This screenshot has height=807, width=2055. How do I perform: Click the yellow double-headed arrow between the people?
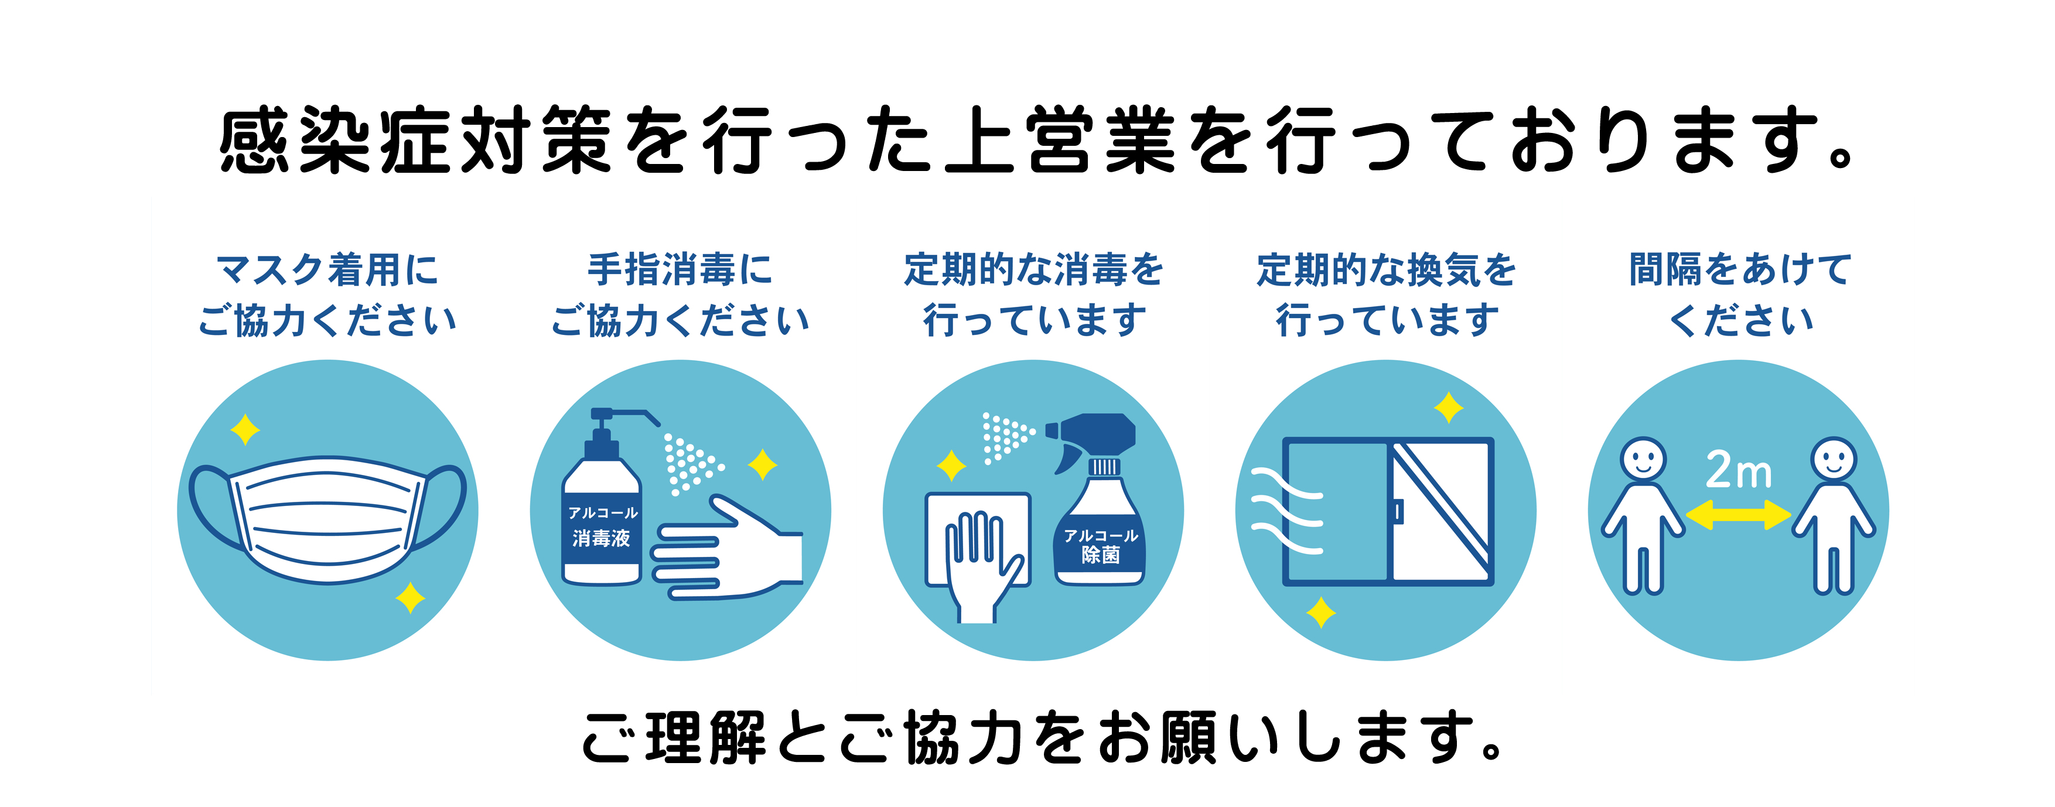1738,514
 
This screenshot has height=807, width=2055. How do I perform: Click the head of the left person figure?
1643,459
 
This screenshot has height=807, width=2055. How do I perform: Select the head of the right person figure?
1834,459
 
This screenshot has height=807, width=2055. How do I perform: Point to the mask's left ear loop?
211,507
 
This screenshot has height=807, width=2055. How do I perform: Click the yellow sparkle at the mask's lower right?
410,597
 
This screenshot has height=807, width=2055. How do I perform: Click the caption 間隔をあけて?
1740,269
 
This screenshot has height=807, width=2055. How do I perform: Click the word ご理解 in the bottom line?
675,738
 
